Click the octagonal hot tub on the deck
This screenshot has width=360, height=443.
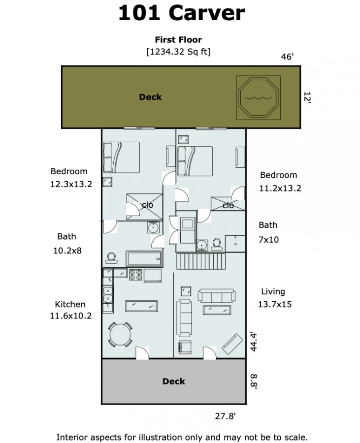pyautogui.click(x=258, y=97)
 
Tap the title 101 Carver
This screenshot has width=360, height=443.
pyautogui.click(x=181, y=13)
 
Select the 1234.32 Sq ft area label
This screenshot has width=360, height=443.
pyautogui.click(x=178, y=52)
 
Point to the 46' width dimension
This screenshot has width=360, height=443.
pyautogui.click(x=287, y=57)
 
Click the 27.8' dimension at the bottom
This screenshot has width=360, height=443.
pyautogui.click(x=225, y=416)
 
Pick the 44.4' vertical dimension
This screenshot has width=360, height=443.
pyautogui.click(x=254, y=342)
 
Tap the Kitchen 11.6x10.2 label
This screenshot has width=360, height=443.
pyautogui.click(x=70, y=310)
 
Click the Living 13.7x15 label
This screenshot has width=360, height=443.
pyautogui.click(x=275, y=298)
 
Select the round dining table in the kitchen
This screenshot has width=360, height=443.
pyautogui.click(x=120, y=335)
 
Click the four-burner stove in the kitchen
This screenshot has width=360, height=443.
pyautogui.click(x=135, y=275)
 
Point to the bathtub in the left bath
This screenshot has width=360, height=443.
pyautogui.click(x=144, y=258)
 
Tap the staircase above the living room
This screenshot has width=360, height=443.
pyautogui.click(x=201, y=261)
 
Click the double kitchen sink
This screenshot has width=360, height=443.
pyautogui.click(x=108, y=295)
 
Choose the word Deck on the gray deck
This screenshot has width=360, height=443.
pyautogui.click(x=173, y=381)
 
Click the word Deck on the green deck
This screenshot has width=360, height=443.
pyautogui.click(x=150, y=97)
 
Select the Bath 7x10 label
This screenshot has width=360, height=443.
pyautogui.click(x=268, y=232)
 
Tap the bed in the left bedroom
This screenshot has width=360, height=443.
pyautogui.click(x=121, y=158)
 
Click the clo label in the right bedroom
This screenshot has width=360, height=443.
pyautogui.click(x=228, y=205)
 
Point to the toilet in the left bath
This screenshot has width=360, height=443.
pyautogui.click(x=111, y=257)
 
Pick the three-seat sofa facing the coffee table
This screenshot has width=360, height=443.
pyautogui.click(x=217, y=296)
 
